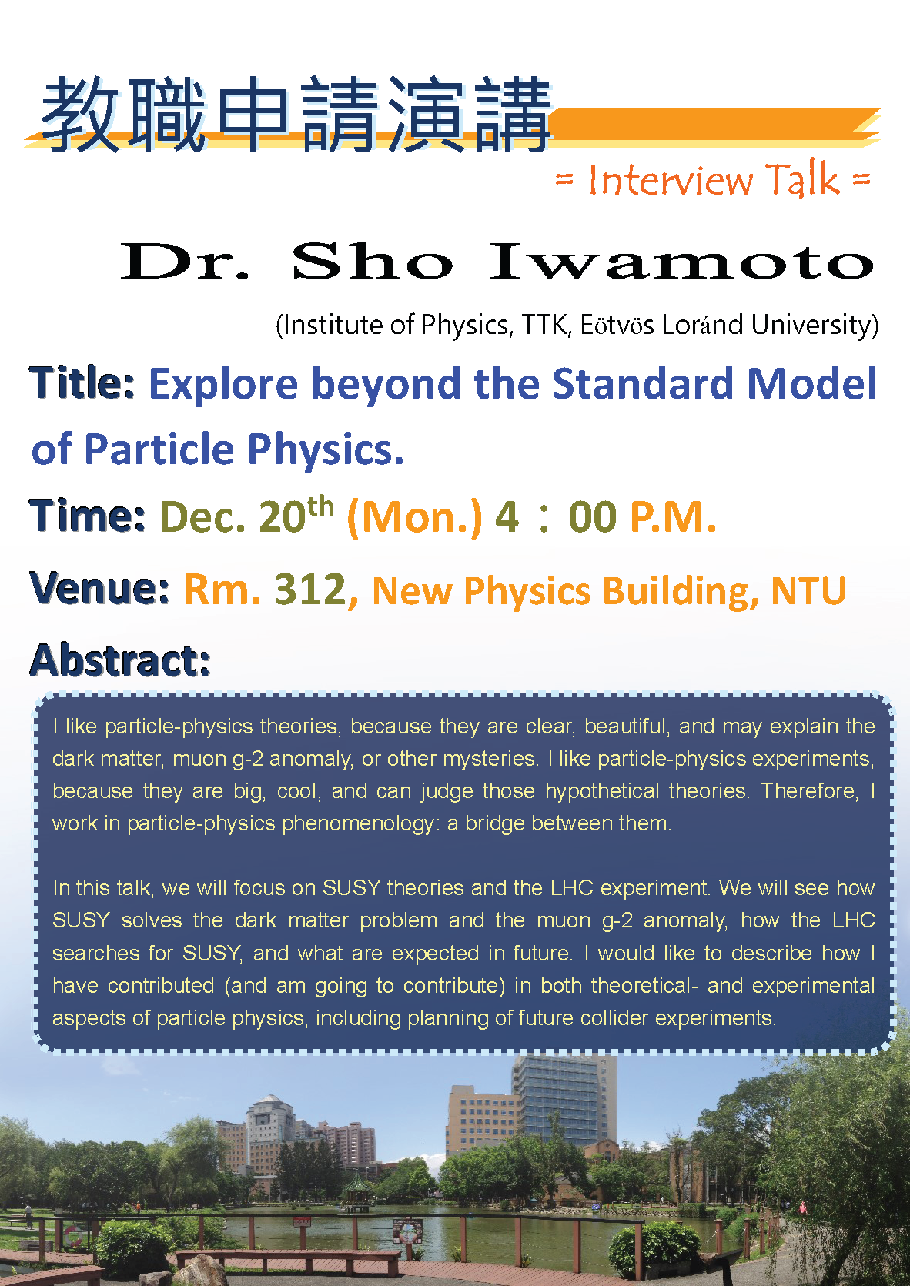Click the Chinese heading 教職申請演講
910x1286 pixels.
click(x=296, y=115)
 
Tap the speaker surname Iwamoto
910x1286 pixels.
click(x=681, y=261)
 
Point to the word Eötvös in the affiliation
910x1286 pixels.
click(x=617, y=325)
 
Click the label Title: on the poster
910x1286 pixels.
click(x=82, y=382)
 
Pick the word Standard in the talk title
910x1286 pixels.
click(x=643, y=383)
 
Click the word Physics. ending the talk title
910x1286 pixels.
click(x=326, y=449)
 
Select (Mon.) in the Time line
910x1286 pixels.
click(x=414, y=517)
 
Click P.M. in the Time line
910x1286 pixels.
click(x=673, y=516)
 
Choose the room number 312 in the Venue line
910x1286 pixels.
click(x=311, y=589)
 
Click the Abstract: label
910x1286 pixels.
click(x=120, y=660)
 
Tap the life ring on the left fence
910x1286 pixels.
click(x=72, y=1235)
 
